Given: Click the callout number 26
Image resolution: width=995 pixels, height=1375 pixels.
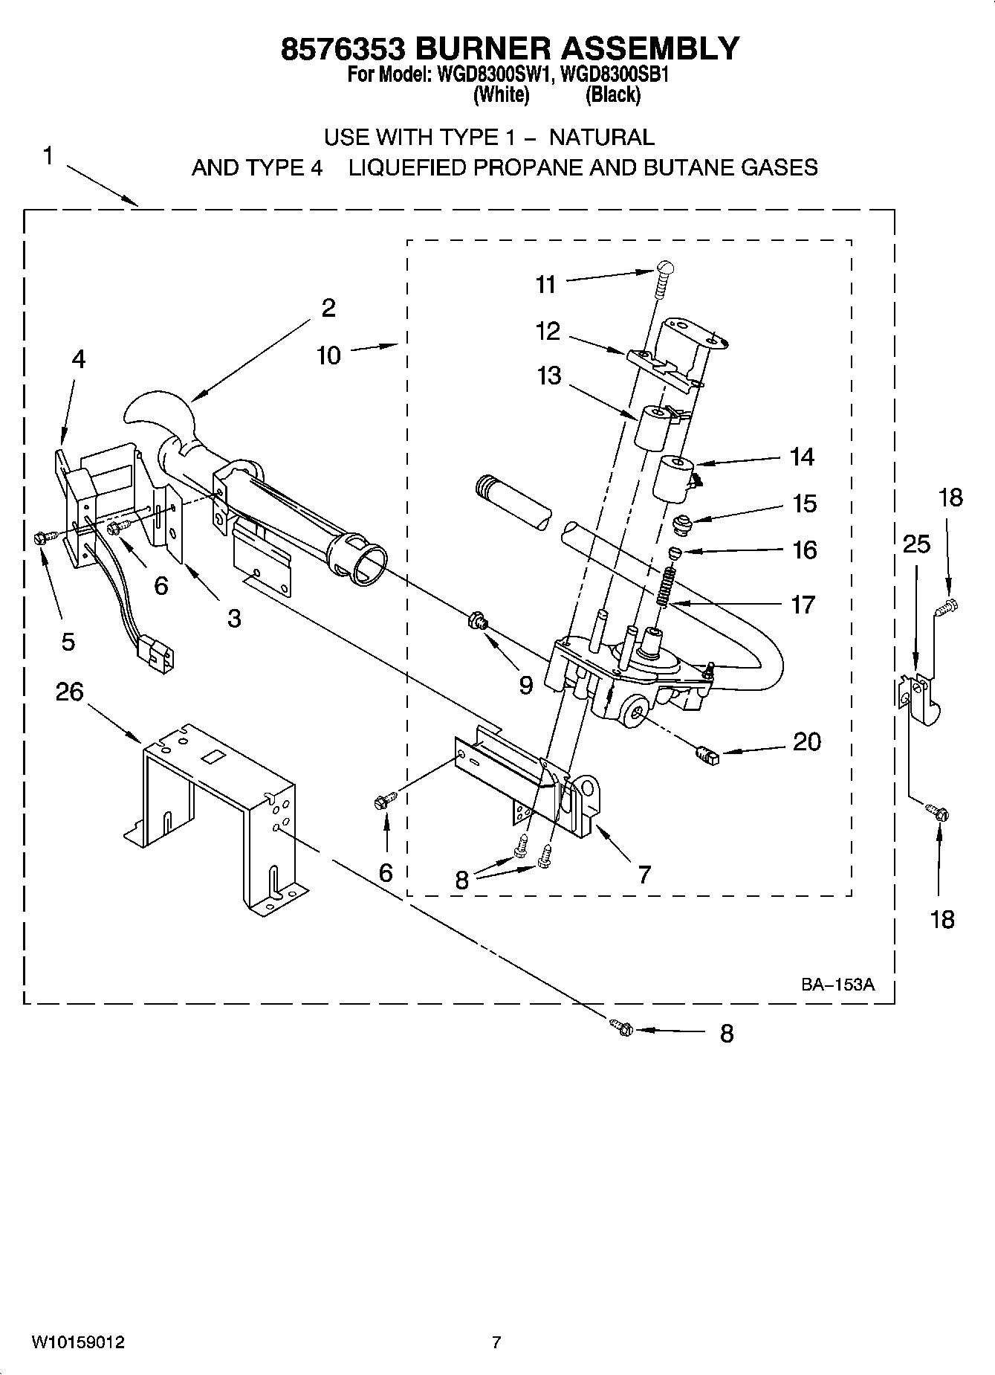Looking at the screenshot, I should (x=69, y=692).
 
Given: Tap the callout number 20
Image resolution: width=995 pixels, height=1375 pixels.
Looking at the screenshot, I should (x=806, y=741).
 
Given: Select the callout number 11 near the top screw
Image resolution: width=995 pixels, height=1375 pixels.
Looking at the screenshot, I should (x=546, y=284).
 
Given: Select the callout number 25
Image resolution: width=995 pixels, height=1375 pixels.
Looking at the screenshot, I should (x=916, y=544).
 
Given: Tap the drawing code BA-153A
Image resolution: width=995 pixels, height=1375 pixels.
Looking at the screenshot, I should (x=837, y=985).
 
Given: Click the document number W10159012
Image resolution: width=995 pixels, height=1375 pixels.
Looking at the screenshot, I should (x=77, y=1343).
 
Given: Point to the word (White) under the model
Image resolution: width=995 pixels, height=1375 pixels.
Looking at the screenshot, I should (x=502, y=94).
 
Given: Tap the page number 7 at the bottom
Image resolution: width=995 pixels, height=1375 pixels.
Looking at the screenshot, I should (x=496, y=1342).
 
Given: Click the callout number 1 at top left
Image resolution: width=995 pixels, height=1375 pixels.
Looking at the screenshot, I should (x=48, y=156).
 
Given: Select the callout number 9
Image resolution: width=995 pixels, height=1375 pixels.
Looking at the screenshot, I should (x=525, y=685).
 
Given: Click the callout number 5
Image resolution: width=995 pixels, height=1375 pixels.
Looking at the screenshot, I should (x=68, y=641).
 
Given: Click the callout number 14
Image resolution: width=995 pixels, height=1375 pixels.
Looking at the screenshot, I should (x=802, y=457).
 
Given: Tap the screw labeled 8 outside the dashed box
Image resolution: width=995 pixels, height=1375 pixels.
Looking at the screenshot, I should (x=622, y=1028).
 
